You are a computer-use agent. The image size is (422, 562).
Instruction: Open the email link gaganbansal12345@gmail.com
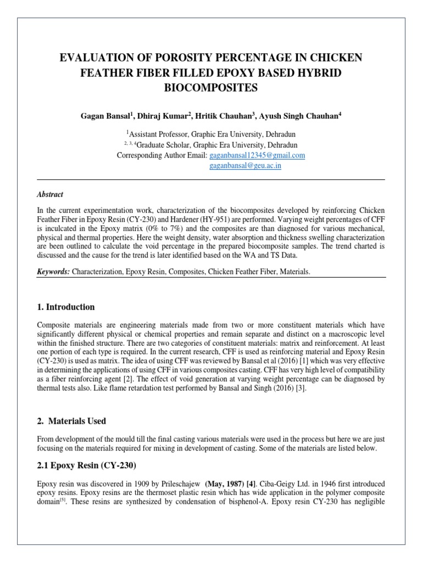tap(258, 155)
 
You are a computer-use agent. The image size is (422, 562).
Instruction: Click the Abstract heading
tap(49, 194)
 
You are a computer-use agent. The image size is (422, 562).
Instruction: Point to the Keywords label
tap(53, 272)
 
